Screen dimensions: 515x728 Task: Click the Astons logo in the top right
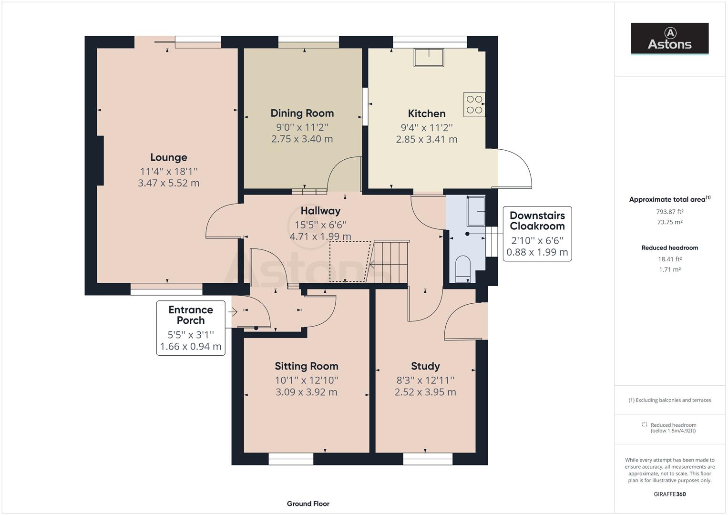[x=669, y=39]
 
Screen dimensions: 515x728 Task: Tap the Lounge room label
[x=168, y=157]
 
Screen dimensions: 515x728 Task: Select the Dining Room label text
[x=302, y=113]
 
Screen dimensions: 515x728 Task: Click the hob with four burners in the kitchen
[x=474, y=104]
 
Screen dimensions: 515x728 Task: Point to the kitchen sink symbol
[x=429, y=58]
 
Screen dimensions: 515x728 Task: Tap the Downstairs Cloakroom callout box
[x=537, y=234]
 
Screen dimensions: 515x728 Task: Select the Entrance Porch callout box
[x=191, y=328]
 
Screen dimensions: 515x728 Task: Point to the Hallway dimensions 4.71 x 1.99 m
[x=320, y=237]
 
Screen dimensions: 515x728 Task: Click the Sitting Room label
[x=306, y=366]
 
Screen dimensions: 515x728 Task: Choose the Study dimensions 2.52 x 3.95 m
[x=425, y=392]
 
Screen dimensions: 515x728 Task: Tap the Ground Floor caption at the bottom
[x=308, y=504]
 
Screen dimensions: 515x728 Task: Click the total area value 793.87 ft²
[x=669, y=212]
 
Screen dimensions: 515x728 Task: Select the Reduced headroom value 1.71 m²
[x=669, y=269]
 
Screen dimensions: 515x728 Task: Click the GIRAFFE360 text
[x=669, y=494]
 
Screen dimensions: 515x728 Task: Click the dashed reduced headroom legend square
[x=644, y=425]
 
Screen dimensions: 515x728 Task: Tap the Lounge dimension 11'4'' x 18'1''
[x=168, y=171]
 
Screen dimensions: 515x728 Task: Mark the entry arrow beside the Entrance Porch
[x=233, y=312]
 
